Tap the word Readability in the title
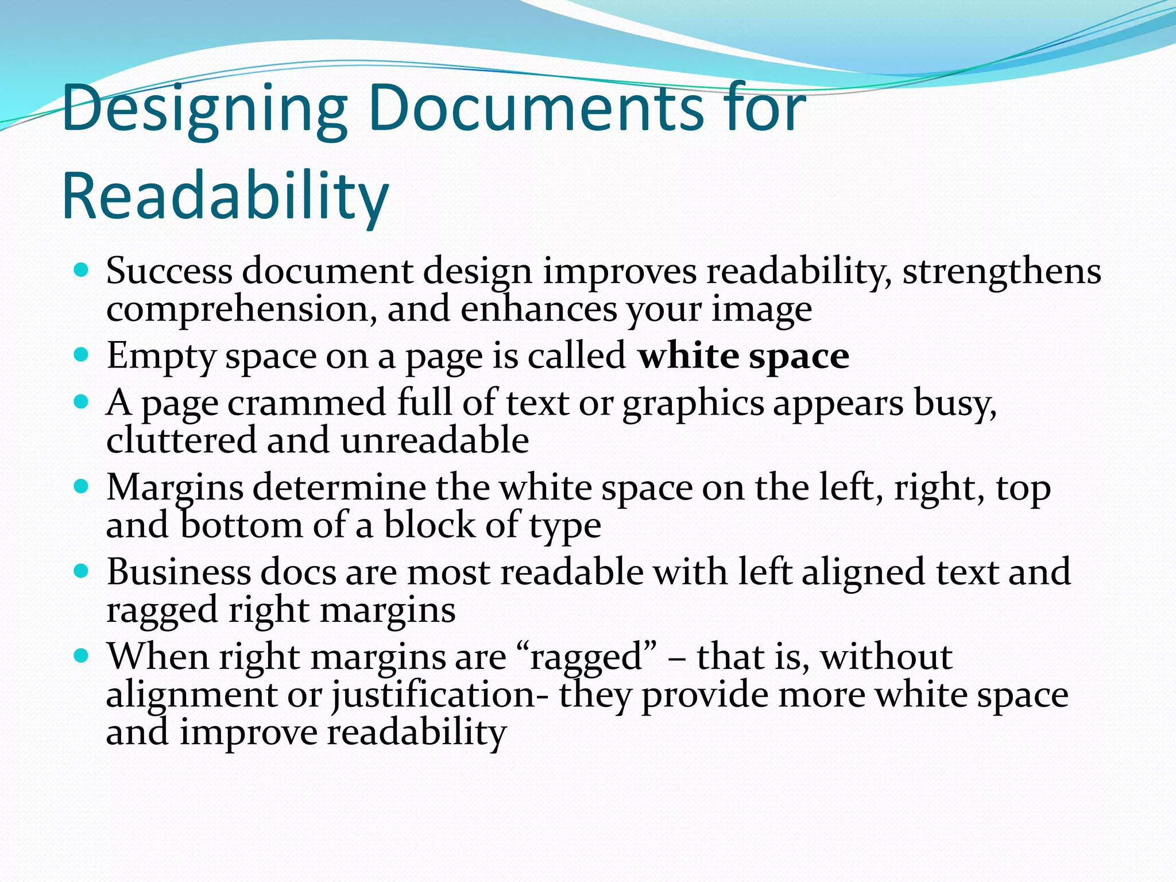tap(225, 197)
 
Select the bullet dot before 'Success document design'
tap(82, 269)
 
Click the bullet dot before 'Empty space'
tap(82, 355)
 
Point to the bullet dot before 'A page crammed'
tap(82, 402)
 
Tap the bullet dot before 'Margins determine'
tap(82, 487)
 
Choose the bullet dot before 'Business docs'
tap(82, 571)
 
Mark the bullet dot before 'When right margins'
tap(82, 656)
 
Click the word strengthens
tap(1001, 271)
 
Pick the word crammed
tap(307, 403)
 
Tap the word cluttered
tap(181, 440)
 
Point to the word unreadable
tap(435, 440)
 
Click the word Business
tap(179, 572)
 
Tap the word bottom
tap(242, 525)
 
